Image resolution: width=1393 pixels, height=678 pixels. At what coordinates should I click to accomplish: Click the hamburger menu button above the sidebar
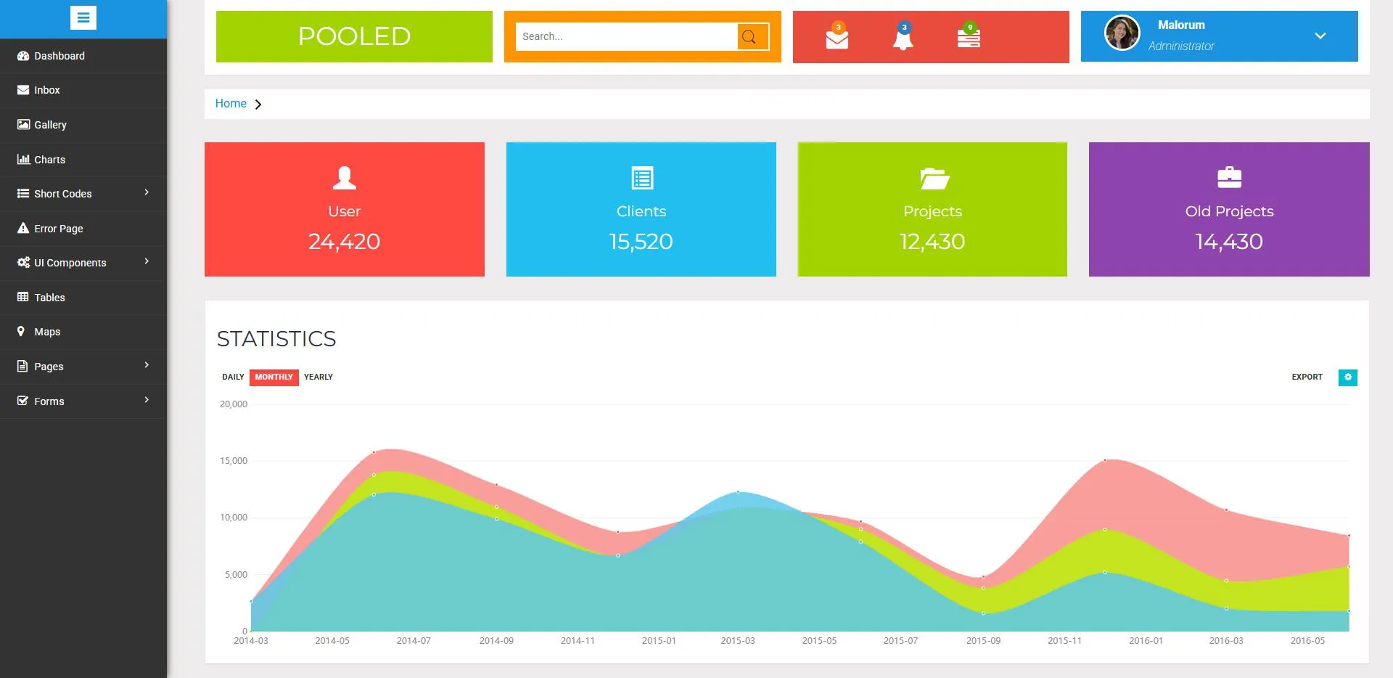pos(83,18)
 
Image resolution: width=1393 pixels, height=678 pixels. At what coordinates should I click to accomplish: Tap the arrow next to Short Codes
pos(147,192)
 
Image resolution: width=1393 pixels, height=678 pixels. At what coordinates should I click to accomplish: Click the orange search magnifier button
pos(752,36)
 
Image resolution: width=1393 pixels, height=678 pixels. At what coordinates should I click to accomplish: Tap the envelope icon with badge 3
pos(837,36)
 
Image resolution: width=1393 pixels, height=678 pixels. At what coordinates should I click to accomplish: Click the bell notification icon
pos(903,36)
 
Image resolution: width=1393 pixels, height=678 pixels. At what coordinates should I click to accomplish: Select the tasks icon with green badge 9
pos(969,36)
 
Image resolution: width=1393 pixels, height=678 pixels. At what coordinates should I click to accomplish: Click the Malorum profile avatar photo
pos(1122,33)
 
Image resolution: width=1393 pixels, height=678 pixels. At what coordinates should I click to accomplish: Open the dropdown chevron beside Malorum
pos(1320,36)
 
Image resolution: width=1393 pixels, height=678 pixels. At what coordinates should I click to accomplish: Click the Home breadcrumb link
pos(231,104)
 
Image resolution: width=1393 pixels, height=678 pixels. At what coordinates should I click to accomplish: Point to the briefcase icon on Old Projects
pos(1229,177)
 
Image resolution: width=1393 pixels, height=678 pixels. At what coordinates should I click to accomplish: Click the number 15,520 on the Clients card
pos(641,242)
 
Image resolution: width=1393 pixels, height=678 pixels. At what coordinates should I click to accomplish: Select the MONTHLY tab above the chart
pos(274,377)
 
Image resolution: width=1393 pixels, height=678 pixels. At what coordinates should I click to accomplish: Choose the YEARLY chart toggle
pos(319,377)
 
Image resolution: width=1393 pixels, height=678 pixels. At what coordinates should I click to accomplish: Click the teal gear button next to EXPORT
pos(1348,377)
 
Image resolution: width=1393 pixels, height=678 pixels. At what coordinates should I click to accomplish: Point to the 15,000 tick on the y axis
pos(234,461)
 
